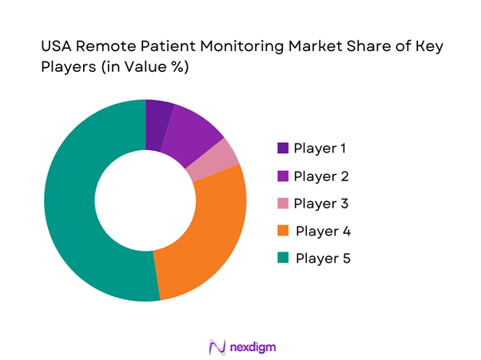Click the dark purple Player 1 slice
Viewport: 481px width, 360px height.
[x=157, y=125]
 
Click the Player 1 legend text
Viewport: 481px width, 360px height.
[x=322, y=148]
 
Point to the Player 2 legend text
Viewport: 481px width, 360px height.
[x=322, y=176]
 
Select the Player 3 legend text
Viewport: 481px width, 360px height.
[x=322, y=203]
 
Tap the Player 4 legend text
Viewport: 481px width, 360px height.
[x=324, y=231]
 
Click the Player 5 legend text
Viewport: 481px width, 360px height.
[x=324, y=258]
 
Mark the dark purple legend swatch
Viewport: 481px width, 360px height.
[x=283, y=148]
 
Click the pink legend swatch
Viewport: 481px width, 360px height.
[x=283, y=203]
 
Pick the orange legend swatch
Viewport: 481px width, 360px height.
[x=283, y=231]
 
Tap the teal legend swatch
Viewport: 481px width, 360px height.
[x=283, y=258]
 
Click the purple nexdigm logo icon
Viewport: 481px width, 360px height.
[x=215, y=347]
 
